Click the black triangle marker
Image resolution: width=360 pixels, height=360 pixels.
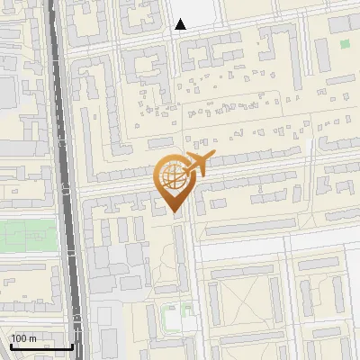(181, 24)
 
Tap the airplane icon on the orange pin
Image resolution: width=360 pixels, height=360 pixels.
(196, 164)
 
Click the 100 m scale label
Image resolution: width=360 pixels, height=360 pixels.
(22, 338)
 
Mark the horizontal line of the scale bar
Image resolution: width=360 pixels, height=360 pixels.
(41, 346)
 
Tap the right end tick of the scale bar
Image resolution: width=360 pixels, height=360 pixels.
(72, 345)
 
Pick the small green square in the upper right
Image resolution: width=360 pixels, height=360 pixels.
(345, 43)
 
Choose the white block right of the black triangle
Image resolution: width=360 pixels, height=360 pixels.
(203, 12)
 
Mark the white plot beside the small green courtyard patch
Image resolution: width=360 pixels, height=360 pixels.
(171, 317)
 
